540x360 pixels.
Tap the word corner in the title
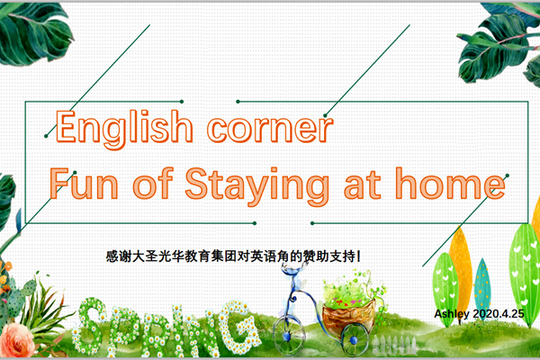coord(270,129)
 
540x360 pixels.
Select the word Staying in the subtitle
coord(256,185)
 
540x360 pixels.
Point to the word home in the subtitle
coord(451,184)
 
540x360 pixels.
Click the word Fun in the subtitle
coord(84,184)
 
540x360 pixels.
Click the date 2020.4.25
coord(499,313)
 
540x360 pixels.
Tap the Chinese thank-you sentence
coord(233,256)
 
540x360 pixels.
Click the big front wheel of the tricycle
coord(289,335)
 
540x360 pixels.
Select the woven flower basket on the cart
coord(348,314)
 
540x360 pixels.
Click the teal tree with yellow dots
coord(481,285)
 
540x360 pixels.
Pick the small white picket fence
coord(395,344)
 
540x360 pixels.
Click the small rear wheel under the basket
coord(354,339)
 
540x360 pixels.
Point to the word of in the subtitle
coord(153,184)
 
